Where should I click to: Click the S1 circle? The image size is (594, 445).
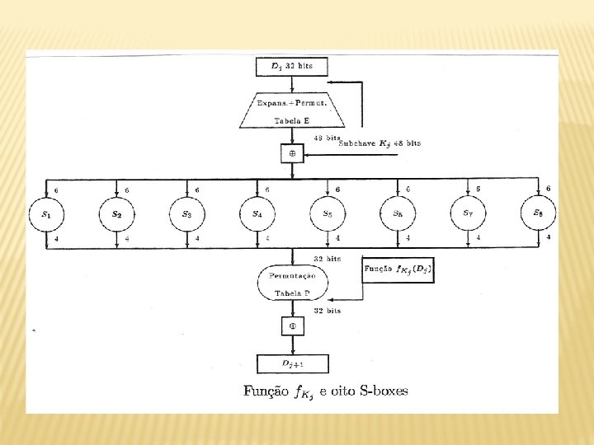coord(47,214)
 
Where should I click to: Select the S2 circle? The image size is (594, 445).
coord(117,214)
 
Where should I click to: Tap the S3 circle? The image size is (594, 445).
coord(187,214)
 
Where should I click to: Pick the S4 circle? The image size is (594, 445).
coord(257,214)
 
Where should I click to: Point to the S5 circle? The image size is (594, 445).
coord(328,214)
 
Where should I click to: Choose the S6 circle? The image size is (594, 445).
coord(398,214)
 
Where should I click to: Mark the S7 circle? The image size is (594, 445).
coord(468,214)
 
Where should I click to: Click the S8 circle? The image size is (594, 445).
coord(538,214)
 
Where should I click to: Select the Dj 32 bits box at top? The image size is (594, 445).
coord(292,66)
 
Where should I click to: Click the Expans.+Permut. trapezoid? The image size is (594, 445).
coord(292,110)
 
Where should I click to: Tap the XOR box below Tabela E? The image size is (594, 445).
coord(292,153)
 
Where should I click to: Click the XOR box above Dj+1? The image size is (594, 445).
coord(292,326)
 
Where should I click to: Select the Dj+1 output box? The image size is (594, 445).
coord(292,363)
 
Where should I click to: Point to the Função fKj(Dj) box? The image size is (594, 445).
coord(398,269)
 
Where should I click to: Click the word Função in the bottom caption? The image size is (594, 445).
coord(266,391)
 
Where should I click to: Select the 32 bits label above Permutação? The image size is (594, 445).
coord(328,258)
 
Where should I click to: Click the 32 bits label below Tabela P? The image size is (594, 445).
coord(328,311)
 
